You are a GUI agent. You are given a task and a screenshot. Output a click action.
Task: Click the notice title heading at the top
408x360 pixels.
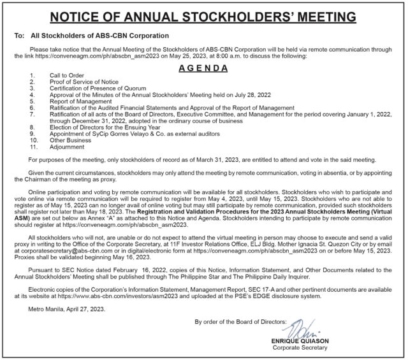204,15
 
